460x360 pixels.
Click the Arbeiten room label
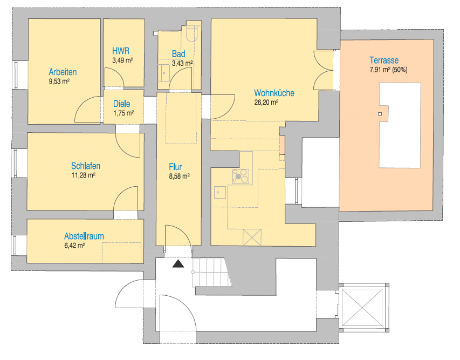coord(63,72)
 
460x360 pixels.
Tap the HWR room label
coord(121,51)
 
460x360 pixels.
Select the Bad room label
coord(178,54)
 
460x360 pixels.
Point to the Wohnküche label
coord(274,93)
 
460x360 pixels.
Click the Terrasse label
coord(384,60)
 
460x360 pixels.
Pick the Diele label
coord(121,104)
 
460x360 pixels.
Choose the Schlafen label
coord(86,166)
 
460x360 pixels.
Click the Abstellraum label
coord(84,236)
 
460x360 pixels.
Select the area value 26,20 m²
coord(266,102)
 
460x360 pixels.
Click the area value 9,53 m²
coord(59,81)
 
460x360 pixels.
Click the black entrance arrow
coord(177,264)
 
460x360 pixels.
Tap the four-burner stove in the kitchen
coord(241,175)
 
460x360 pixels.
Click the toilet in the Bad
coord(191,33)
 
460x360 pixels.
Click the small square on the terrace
coord(380,114)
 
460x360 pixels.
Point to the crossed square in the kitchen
coord(252,237)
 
